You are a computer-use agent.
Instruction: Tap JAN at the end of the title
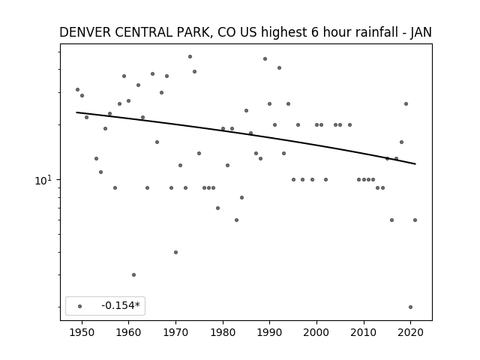[421, 32]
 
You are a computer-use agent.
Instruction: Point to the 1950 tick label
[82, 332]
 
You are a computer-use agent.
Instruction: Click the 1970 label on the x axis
[175, 332]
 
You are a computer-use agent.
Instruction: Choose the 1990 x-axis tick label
[270, 332]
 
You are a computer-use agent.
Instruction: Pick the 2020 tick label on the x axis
[410, 332]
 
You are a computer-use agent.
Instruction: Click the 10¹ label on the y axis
[43, 180]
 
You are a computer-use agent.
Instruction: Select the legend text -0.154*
[121, 305]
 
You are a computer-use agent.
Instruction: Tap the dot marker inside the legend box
[80, 306]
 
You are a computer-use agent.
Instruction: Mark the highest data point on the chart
[190, 57]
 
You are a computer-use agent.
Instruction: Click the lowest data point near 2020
[410, 307]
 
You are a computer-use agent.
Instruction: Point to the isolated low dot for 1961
[133, 275]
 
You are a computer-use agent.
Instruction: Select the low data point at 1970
[175, 252]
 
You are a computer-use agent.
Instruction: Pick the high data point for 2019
[406, 103]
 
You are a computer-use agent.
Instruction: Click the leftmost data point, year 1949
[77, 90]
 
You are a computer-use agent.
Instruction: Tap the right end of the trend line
[415, 164]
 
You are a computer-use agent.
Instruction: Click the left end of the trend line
[76, 112]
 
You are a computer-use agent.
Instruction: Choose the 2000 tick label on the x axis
[316, 332]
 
